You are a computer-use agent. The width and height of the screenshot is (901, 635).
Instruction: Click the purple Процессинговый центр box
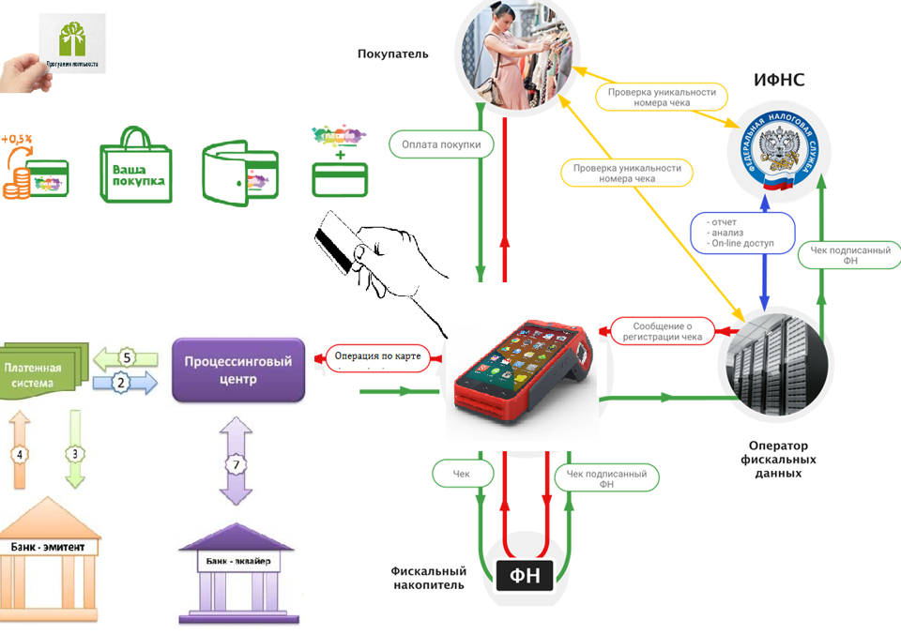click(x=238, y=370)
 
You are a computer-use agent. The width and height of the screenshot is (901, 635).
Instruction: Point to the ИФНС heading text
click(x=779, y=82)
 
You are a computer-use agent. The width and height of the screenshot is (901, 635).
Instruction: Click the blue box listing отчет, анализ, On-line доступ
click(x=744, y=232)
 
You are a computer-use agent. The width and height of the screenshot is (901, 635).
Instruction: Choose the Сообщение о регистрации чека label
click(x=661, y=330)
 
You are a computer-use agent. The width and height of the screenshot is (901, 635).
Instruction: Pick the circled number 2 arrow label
click(x=120, y=382)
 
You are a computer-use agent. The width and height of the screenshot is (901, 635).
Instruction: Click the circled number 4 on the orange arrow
click(x=19, y=456)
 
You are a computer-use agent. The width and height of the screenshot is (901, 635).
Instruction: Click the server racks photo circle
click(x=773, y=362)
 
